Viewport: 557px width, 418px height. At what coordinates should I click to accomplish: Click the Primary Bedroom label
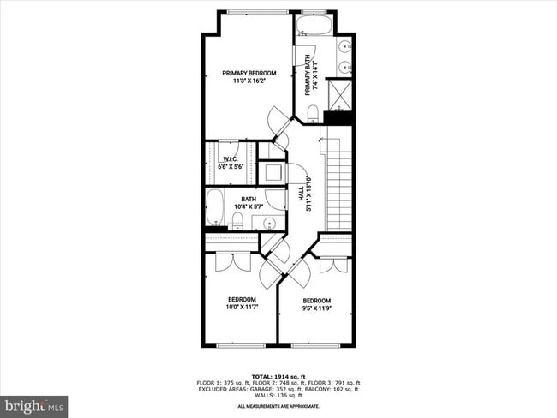(249, 73)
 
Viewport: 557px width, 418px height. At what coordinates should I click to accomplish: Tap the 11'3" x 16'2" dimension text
(249, 82)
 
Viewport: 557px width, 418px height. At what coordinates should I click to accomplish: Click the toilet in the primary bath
(313, 113)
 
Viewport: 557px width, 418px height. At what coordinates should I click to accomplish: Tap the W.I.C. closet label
(230, 159)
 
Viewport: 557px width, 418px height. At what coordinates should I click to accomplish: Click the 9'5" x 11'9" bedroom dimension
(317, 308)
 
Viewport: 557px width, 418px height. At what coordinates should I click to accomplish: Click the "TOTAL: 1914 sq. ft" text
(278, 376)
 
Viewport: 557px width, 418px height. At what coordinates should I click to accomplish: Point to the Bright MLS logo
(34, 404)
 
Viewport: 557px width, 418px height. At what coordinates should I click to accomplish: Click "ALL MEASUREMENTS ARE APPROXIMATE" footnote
(278, 406)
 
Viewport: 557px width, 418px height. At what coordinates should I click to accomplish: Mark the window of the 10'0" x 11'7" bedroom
(240, 345)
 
